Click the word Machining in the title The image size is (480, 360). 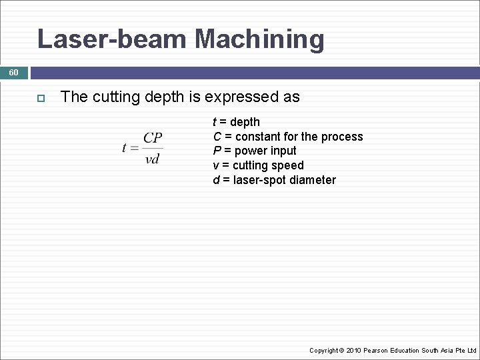tap(259, 39)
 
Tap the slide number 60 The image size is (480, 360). tap(14, 72)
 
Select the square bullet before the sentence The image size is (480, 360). tap(40, 98)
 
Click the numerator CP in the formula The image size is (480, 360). tap(153, 138)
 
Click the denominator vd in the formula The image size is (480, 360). tap(153, 159)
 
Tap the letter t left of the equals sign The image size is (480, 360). tap(125, 148)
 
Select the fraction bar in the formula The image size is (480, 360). tap(153, 148)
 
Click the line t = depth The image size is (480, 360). tap(236, 122)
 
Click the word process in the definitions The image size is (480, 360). tap(342, 137)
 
